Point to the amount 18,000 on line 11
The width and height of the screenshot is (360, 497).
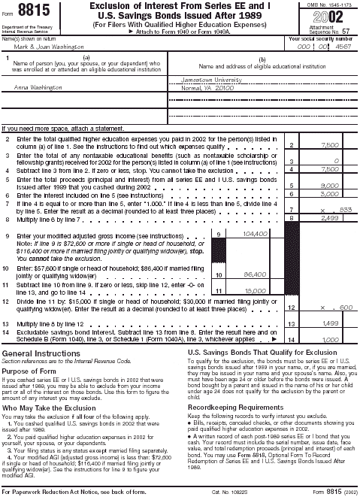[x=257, y=290]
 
